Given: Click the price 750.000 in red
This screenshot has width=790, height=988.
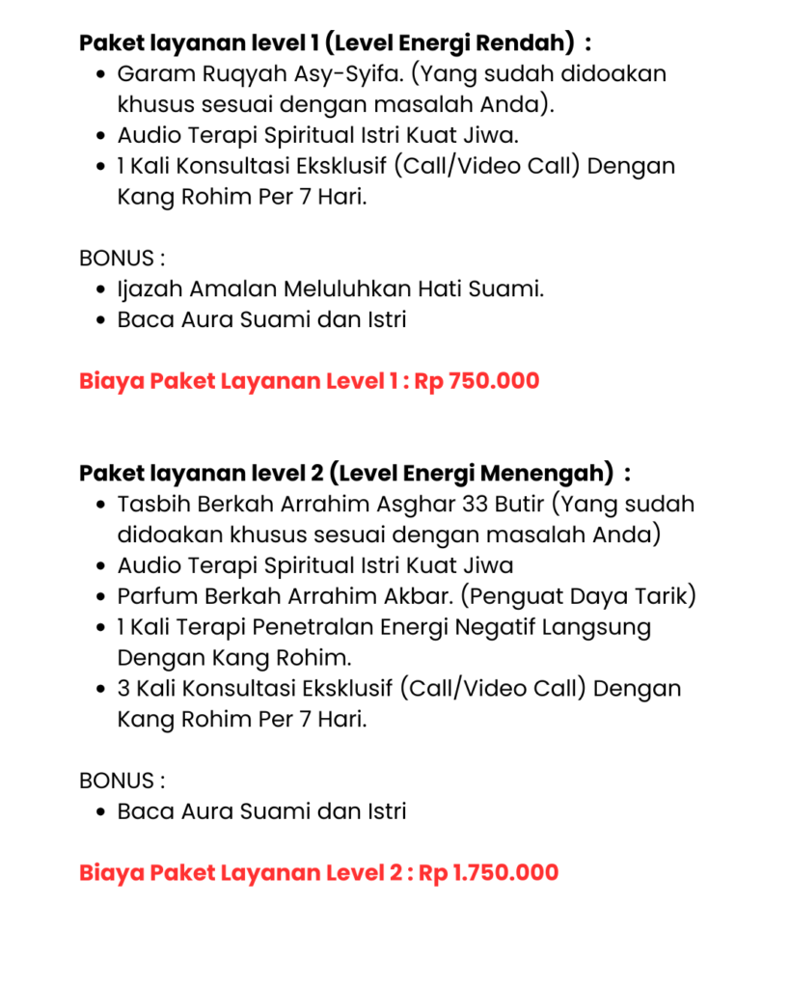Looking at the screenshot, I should tap(495, 381).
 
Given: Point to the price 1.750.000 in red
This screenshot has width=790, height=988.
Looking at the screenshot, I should tap(505, 873).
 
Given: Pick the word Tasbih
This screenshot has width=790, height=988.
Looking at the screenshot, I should tap(149, 505).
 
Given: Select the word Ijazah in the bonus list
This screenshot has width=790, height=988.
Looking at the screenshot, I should tap(150, 289).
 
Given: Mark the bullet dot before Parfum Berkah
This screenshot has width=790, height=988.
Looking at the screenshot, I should tap(102, 597).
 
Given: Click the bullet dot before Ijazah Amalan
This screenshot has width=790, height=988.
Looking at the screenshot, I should tap(102, 289).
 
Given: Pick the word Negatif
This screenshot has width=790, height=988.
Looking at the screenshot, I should tap(466, 627).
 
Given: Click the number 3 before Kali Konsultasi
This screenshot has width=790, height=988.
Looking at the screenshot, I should tap(123, 689).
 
